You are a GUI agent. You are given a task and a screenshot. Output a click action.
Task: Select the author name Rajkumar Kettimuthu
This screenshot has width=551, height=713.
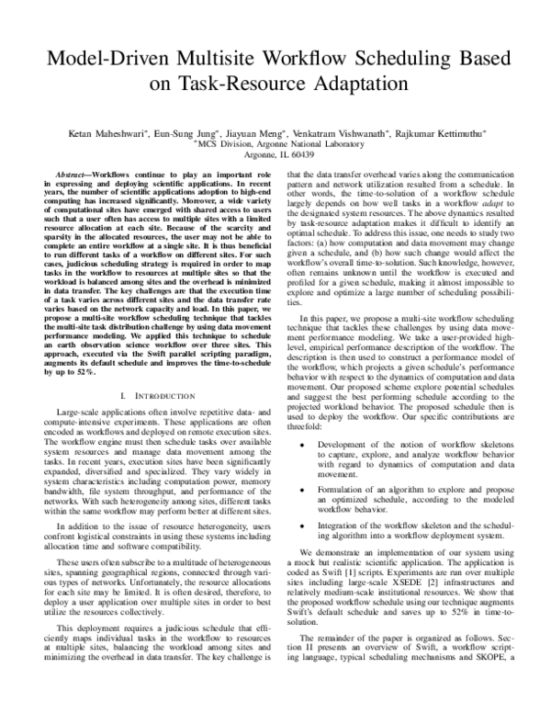[x=444, y=132]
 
